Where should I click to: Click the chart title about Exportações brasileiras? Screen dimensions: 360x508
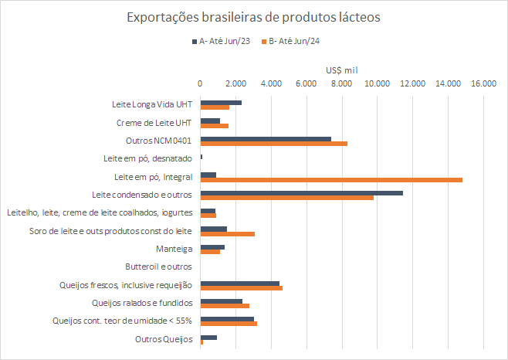tap(253, 16)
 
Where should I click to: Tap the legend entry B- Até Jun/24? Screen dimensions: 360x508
tap(294, 42)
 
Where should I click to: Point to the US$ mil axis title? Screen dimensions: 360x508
tap(341, 69)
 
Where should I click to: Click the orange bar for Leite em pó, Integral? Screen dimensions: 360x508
tap(331, 179)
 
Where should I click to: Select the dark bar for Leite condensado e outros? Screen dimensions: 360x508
tap(301, 192)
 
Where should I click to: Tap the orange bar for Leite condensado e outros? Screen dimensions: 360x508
tap(286, 198)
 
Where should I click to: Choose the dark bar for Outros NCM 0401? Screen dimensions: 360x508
tap(266, 139)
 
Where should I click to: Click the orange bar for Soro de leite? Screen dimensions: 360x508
tap(228, 233)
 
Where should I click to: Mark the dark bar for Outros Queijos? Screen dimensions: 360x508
tap(208, 337)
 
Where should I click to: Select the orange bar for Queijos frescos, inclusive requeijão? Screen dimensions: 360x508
tap(242, 287)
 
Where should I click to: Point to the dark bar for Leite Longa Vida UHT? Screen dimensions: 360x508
tap(221, 103)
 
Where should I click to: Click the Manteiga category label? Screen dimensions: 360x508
tap(174, 250)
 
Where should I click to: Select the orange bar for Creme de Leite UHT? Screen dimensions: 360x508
tap(215, 125)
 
